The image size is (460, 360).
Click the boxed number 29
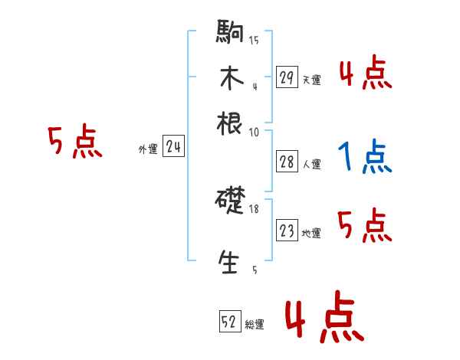coord(287,77)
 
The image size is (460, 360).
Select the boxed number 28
coord(287,161)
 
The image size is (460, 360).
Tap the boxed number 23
coord(287,231)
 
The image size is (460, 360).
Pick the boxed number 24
coord(173,148)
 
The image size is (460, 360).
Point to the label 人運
coord(311,164)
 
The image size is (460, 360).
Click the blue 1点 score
coord(364,159)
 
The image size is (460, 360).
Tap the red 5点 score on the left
coord(74,143)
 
